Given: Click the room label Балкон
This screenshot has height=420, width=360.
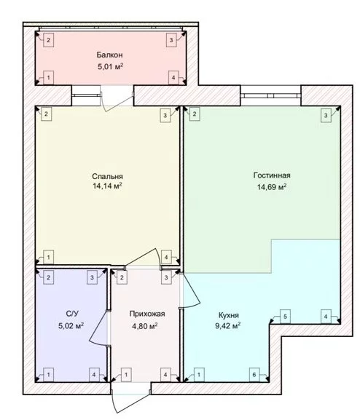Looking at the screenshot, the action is click(x=110, y=55).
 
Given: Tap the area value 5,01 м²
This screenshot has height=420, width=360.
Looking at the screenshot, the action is click(x=110, y=66).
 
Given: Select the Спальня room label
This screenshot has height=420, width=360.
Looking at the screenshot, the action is click(x=107, y=176).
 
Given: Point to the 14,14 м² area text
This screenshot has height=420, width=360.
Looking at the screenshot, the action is click(x=107, y=186).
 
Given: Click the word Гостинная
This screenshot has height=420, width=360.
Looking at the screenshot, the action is click(x=272, y=175).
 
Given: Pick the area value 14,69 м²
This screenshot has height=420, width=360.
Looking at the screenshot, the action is click(x=272, y=186).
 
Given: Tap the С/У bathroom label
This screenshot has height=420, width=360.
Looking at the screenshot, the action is click(x=72, y=314).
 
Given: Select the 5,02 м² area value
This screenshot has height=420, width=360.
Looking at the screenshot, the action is click(x=71, y=325).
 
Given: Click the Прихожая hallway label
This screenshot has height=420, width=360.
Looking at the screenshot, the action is click(x=147, y=314).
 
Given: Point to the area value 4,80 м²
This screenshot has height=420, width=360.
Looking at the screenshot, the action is click(x=144, y=326).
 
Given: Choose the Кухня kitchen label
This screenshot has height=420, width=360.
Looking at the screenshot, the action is click(x=229, y=315).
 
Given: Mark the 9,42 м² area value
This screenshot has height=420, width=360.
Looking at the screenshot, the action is click(x=228, y=326).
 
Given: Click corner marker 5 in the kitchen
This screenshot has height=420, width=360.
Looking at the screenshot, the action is click(x=285, y=317).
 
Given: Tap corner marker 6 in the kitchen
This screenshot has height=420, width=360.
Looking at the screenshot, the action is click(x=254, y=375).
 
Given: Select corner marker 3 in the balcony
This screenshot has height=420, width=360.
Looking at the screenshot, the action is click(x=171, y=40).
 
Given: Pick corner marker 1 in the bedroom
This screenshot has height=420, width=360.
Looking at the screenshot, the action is click(x=48, y=257).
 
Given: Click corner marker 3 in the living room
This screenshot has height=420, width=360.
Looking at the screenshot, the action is click(x=326, y=116).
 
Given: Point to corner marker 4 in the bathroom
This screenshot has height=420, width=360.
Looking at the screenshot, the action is click(x=94, y=375).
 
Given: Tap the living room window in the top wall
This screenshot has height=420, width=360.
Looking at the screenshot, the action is click(x=270, y=95).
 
